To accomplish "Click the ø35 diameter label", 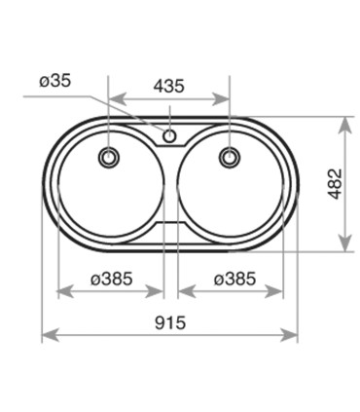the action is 54,81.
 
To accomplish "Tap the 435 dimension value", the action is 168,86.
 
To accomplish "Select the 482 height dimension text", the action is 335,184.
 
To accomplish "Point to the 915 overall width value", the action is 170,322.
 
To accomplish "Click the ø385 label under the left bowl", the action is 112,279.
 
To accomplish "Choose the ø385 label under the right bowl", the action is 234,279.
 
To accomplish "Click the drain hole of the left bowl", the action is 109,157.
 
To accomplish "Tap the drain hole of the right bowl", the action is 230,157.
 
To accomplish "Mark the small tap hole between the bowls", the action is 169,135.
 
